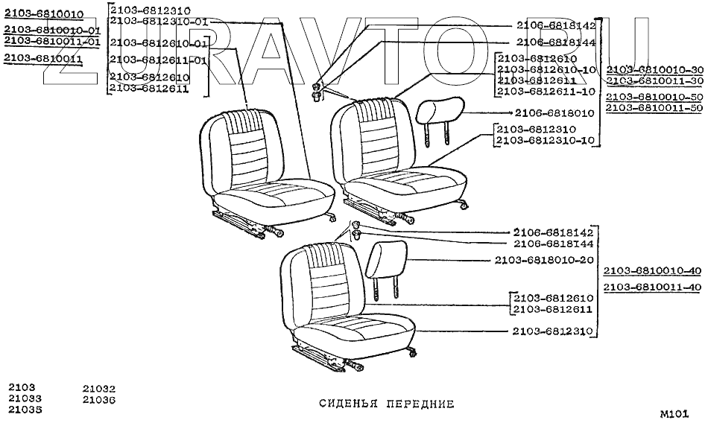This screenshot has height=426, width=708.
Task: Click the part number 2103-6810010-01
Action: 51,30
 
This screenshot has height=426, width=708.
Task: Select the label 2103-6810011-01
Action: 51,42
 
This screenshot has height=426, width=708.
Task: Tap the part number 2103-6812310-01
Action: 159,21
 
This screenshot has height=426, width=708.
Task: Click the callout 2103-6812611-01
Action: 159,60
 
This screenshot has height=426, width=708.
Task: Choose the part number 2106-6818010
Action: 555,113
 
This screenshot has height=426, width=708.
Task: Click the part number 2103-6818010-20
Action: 544,260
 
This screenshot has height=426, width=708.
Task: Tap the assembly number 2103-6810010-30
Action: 654,69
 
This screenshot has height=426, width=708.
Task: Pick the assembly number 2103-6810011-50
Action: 654,108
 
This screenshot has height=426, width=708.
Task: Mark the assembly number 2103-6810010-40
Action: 653,270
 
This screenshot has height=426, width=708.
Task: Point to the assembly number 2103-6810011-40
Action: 653,287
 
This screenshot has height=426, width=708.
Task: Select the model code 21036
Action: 99,400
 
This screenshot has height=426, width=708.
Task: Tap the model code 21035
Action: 25,410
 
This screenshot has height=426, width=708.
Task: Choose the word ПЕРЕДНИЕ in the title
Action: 420,404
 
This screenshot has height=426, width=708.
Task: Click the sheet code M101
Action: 674,413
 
